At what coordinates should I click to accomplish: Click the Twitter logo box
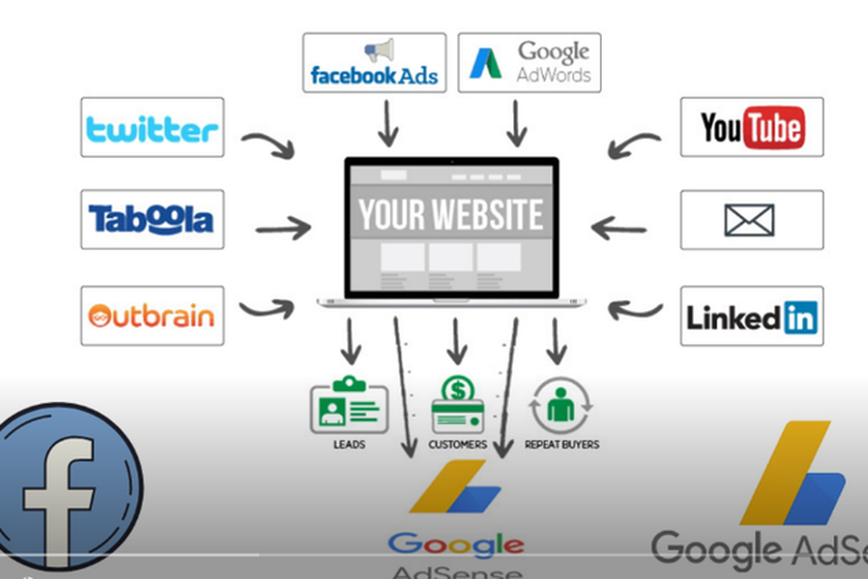(x=152, y=127)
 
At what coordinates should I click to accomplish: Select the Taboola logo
(x=151, y=219)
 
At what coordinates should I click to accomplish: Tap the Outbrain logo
(x=152, y=316)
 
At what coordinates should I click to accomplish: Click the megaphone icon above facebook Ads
(x=379, y=51)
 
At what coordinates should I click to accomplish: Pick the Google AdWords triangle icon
(x=486, y=64)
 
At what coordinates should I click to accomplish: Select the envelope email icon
(x=749, y=220)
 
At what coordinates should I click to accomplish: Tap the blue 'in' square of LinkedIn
(x=800, y=317)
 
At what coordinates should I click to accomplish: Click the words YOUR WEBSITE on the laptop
(x=451, y=215)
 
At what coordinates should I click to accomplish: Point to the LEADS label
(x=349, y=444)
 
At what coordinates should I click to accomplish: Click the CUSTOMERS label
(x=457, y=444)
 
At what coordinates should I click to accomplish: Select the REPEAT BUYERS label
(x=562, y=444)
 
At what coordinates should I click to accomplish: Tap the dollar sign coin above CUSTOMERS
(x=456, y=389)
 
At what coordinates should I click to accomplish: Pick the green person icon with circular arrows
(x=561, y=406)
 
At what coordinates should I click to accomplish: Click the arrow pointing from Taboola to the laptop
(x=283, y=229)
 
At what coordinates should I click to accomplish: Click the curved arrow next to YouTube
(x=634, y=144)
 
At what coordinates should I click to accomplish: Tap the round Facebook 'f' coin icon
(x=68, y=488)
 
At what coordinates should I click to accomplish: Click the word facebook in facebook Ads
(x=352, y=76)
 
